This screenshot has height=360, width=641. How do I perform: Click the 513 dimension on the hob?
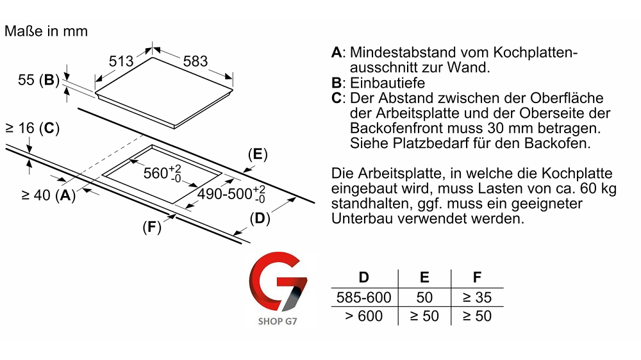pyautogui.click(x=121, y=61)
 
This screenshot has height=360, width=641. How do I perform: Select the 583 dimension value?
pyautogui.click(x=196, y=61)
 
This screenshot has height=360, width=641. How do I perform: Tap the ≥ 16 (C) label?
pyautogui.click(x=31, y=129)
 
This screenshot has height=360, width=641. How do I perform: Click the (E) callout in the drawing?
pyautogui.click(x=257, y=154)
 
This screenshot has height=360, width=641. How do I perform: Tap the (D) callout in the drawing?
pyautogui.click(x=259, y=218)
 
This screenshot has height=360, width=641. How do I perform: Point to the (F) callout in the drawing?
pyautogui.click(x=151, y=227)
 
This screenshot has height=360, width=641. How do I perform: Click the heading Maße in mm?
pyautogui.click(x=46, y=31)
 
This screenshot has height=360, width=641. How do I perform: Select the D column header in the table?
pyautogui.click(x=363, y=278)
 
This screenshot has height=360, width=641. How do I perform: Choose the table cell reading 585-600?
pyautogui.click(x=363, y=297)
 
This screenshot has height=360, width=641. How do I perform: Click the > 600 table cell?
pyautogui.click(x=363, y=316)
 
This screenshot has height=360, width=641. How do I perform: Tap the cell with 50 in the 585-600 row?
pyautogui.click(x=424, y=297)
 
